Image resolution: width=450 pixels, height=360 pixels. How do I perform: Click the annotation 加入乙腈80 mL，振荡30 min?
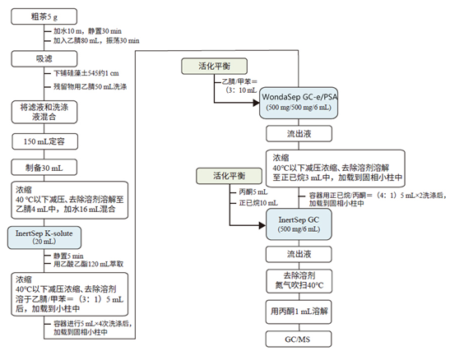pyautogui.click(x=91, y=39)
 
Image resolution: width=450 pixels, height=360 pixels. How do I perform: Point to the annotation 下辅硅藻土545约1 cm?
pyautogui.click(x=83, y=72)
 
